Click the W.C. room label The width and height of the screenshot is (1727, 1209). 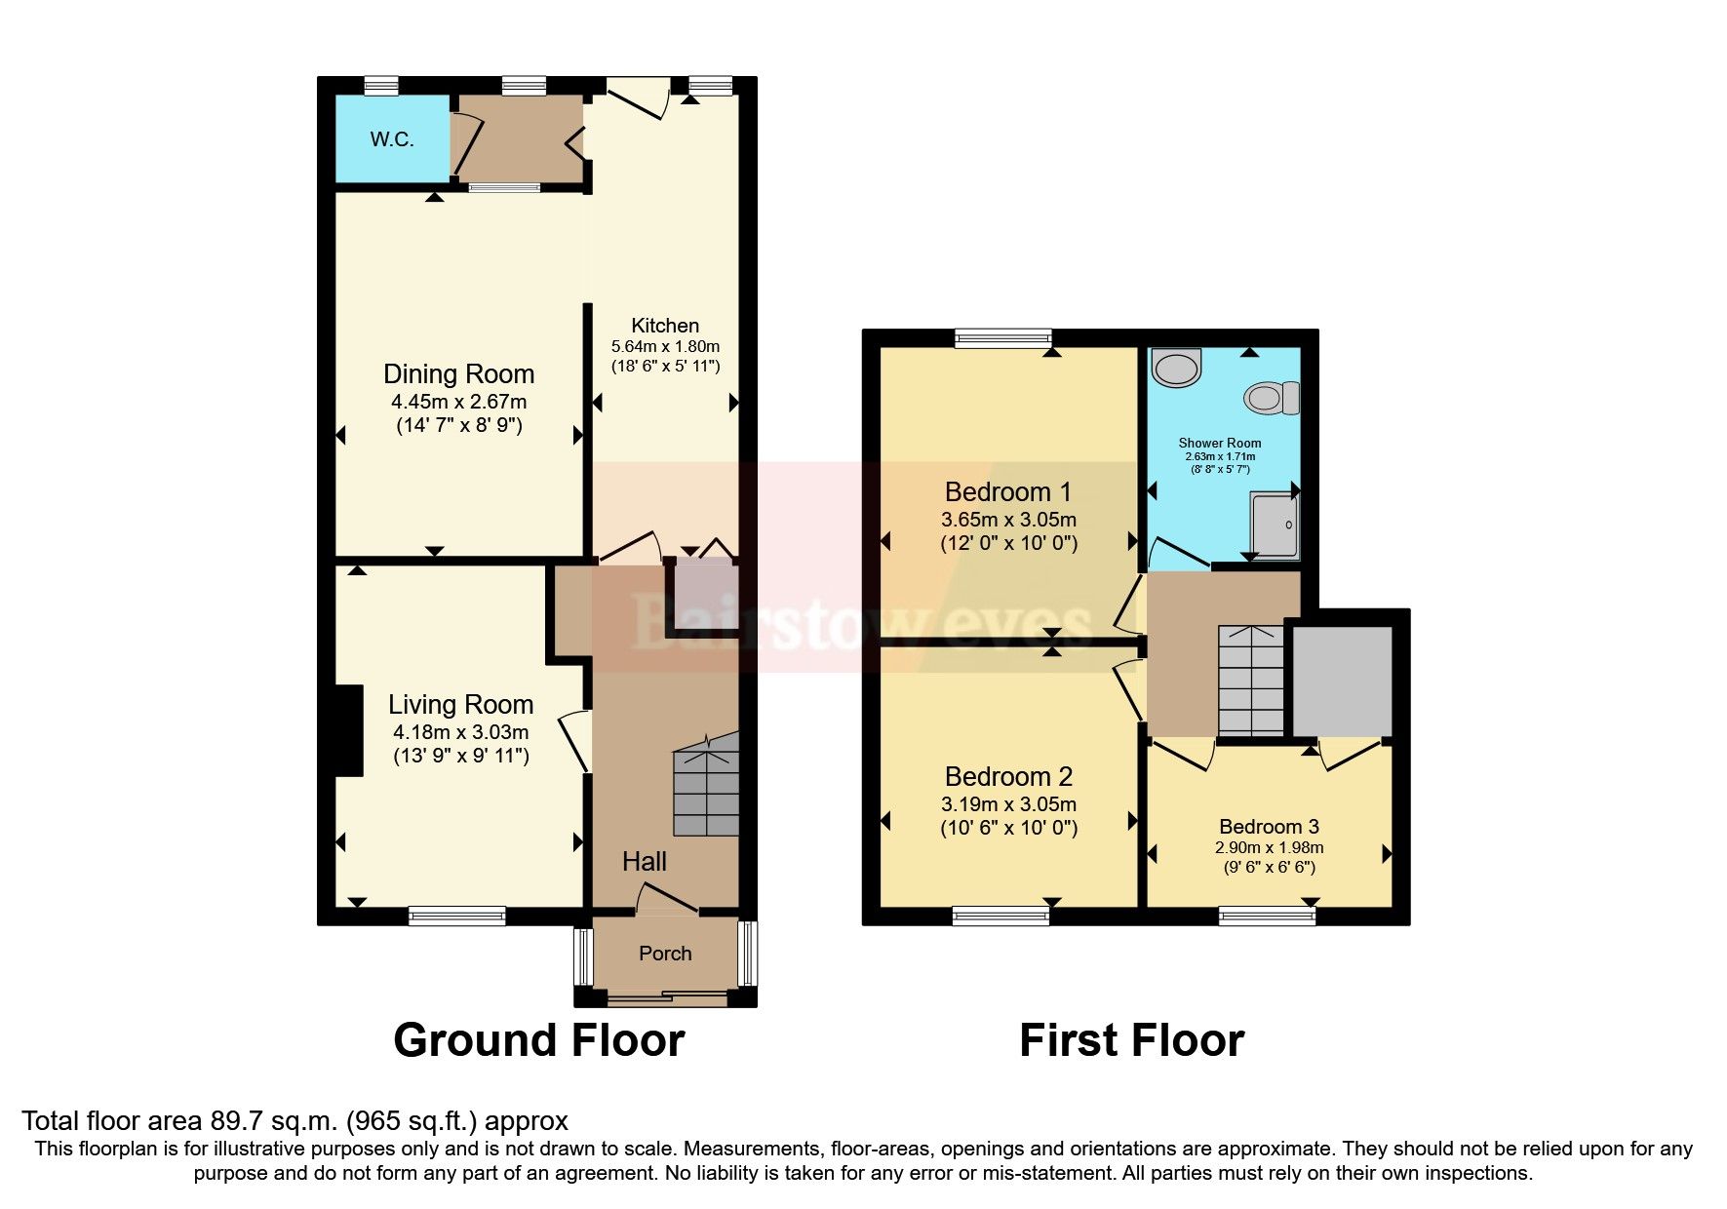pyautogui.click(x=392, y=139)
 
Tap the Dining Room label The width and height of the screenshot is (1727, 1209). pyautogui.click(x=458, y=374)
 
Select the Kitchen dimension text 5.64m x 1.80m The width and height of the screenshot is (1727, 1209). pyautogui.click(x=665, y=346)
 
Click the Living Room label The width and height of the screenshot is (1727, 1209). pyautogui.click(x=460, y=704)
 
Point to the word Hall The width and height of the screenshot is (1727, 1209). pyautogui.click(x=645, y=861)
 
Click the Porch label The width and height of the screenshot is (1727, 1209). pyautogui.click(x=665, y=954)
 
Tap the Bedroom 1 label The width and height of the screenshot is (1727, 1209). pyautogui.click(x=1008, y=491)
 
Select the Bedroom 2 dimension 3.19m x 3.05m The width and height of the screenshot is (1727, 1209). pyautogui.click(x=1008, y=804)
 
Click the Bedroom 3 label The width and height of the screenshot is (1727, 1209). pyautogui.click(x=1269, y=827)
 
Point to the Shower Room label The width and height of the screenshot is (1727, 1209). pyautogui.click(x=1220, y=443)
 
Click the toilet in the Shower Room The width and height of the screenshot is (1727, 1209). pyautogui.click(x=1272, y=398)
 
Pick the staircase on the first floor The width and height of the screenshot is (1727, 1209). pyautogui.click(x=1251, y=680)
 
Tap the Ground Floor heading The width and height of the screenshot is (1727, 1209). pyautogui.click(x=539, y=1040)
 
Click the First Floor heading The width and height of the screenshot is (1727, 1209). pyautogui.click(x=1131, y=1040)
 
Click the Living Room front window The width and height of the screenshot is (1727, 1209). pyautogui.click(x=457, y=915)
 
